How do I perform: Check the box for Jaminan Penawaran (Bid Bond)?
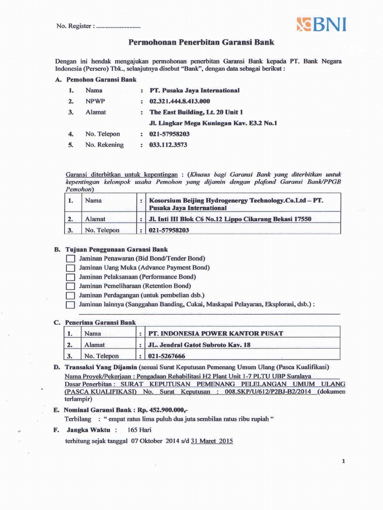point(70,258)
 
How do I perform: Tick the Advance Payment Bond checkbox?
point(70,268)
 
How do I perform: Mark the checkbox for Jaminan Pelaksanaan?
point(70,277)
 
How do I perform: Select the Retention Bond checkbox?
point(70,286)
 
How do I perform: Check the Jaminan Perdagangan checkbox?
point(70,295)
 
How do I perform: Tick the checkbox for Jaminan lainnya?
point(70,305)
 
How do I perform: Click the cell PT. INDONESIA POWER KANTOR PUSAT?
point(216,333)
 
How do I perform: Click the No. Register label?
point(73,26)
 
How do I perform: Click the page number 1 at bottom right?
point(344,462)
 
